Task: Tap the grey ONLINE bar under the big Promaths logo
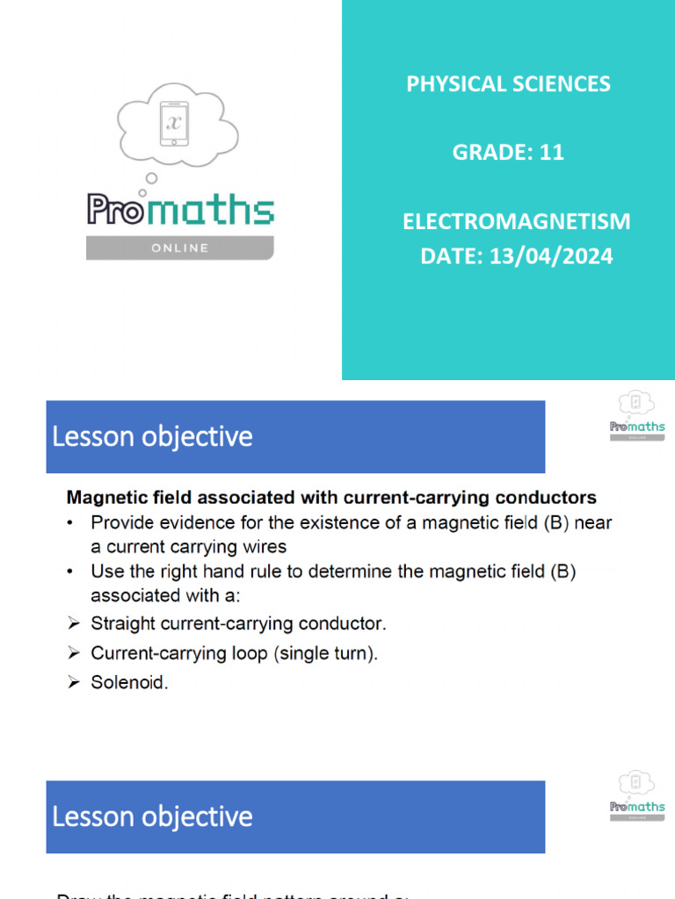point(179,248)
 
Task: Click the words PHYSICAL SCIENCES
point(508,84)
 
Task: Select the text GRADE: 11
point(508,153)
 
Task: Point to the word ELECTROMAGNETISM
point(517,221)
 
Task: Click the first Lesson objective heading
point(152,437)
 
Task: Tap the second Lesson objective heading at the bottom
point(152,816)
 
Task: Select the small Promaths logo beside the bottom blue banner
point(637,797)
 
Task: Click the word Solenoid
point(129,682)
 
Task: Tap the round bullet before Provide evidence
point(71,523)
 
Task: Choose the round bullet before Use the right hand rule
point(71,572)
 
